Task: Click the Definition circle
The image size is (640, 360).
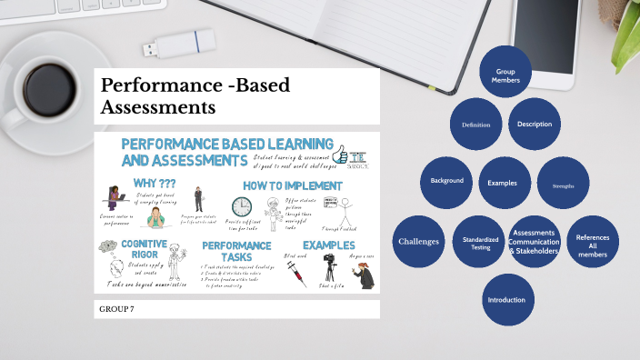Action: click(475, 125)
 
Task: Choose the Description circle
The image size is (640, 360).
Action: click(535, 125)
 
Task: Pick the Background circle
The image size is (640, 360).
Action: click(446, 181)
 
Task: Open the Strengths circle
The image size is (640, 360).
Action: click(563, 185)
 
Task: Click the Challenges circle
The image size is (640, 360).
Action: click(418, 242)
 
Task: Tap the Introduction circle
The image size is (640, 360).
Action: click(506, 300)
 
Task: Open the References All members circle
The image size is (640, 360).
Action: click(593, 242)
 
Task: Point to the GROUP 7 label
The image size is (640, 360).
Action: click(117, 310)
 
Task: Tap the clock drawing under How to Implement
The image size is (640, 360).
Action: click(242, 207)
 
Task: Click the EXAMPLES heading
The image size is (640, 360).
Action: click(328, 245)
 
